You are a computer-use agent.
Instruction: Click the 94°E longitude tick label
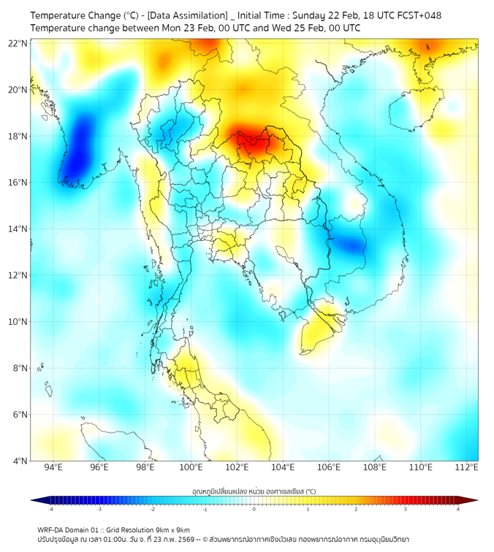tap(53, 467)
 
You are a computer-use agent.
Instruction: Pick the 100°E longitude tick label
tap(191, 467)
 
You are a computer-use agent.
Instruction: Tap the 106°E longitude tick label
tap(329, 467)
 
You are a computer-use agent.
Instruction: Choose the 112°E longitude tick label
tap(467, 467)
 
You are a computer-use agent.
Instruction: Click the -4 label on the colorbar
tap(50, 508)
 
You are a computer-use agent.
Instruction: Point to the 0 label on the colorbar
tap(254, 508)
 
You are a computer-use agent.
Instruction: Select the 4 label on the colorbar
tap(458, 508)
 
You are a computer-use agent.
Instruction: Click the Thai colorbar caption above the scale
tap(254, 491)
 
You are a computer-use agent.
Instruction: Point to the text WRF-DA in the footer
tap(50, 529)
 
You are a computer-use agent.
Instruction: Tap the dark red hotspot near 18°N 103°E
tap(249, 140)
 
